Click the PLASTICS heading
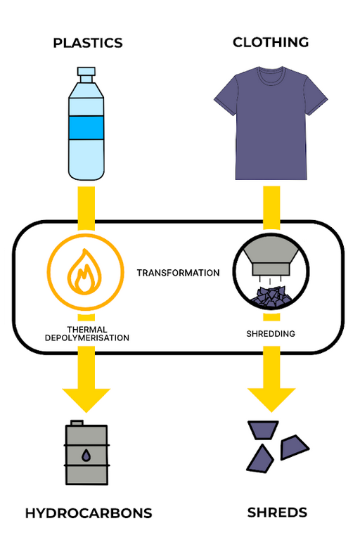tap(87, 44)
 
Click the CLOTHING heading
tap(271, 42)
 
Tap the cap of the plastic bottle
tap(86, 72)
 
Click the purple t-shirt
tap(271, 127)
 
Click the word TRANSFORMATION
tap(178, 273)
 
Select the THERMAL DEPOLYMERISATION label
tap(88, 333)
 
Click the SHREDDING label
tap(271, 334)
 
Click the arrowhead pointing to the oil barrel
tap(86, 399)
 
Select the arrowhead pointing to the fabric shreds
tap(271, 399)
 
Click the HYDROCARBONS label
tap(89, 513)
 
